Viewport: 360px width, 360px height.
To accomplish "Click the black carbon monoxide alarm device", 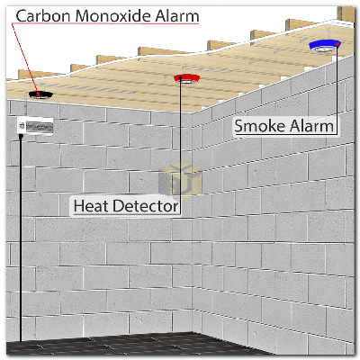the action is [40, 95].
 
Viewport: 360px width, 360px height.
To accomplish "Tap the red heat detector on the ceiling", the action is [187, 78].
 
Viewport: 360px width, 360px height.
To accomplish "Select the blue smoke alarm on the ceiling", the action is [325, 46].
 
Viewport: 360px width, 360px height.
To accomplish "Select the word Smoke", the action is [258, 126].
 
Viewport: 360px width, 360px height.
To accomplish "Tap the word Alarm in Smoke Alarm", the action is [310, 126].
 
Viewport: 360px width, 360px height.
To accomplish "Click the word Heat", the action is [92, 206].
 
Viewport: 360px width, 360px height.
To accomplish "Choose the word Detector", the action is [146, 206].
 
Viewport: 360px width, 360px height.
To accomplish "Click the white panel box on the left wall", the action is [35, 126].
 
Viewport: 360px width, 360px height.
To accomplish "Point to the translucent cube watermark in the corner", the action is [180, 179].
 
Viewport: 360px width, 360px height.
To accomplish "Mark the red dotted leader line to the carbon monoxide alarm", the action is [24, 57].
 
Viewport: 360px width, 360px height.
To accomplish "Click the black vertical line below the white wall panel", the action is [21, 239].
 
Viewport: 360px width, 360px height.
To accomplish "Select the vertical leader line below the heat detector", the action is [180, 146].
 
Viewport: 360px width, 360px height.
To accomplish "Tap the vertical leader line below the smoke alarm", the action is [337, 89].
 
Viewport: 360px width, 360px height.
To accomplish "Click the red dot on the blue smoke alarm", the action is [337, 44].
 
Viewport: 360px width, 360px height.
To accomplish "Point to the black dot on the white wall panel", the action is [21, 137].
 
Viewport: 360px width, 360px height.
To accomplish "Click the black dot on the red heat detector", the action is [180, 77].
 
